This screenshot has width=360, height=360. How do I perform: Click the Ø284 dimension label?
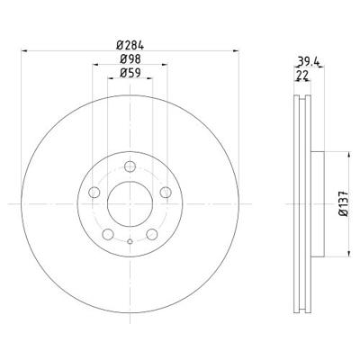pyautogui.click(x=130, y=45)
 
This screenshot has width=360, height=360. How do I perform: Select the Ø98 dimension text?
pyautogui.click(x=130, y=59)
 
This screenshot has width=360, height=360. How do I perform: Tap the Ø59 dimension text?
pyautogui.click(x=130, y=73)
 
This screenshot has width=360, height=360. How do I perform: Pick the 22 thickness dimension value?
pyautogui.click(x=302, y=76)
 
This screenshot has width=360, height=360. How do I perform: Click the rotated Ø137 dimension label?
pyautogui.click(x=344, y=203)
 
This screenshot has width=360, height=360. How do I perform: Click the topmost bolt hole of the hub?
pyautogui.click(x=130, y=166)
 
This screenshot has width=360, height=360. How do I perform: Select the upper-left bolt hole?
pyautogui.click(x=94, y=192)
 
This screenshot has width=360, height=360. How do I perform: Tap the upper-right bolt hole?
pyautogui.click(x=166, y=192)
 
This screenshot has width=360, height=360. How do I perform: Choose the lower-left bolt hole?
pyautogui.click(x=108, y=234)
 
